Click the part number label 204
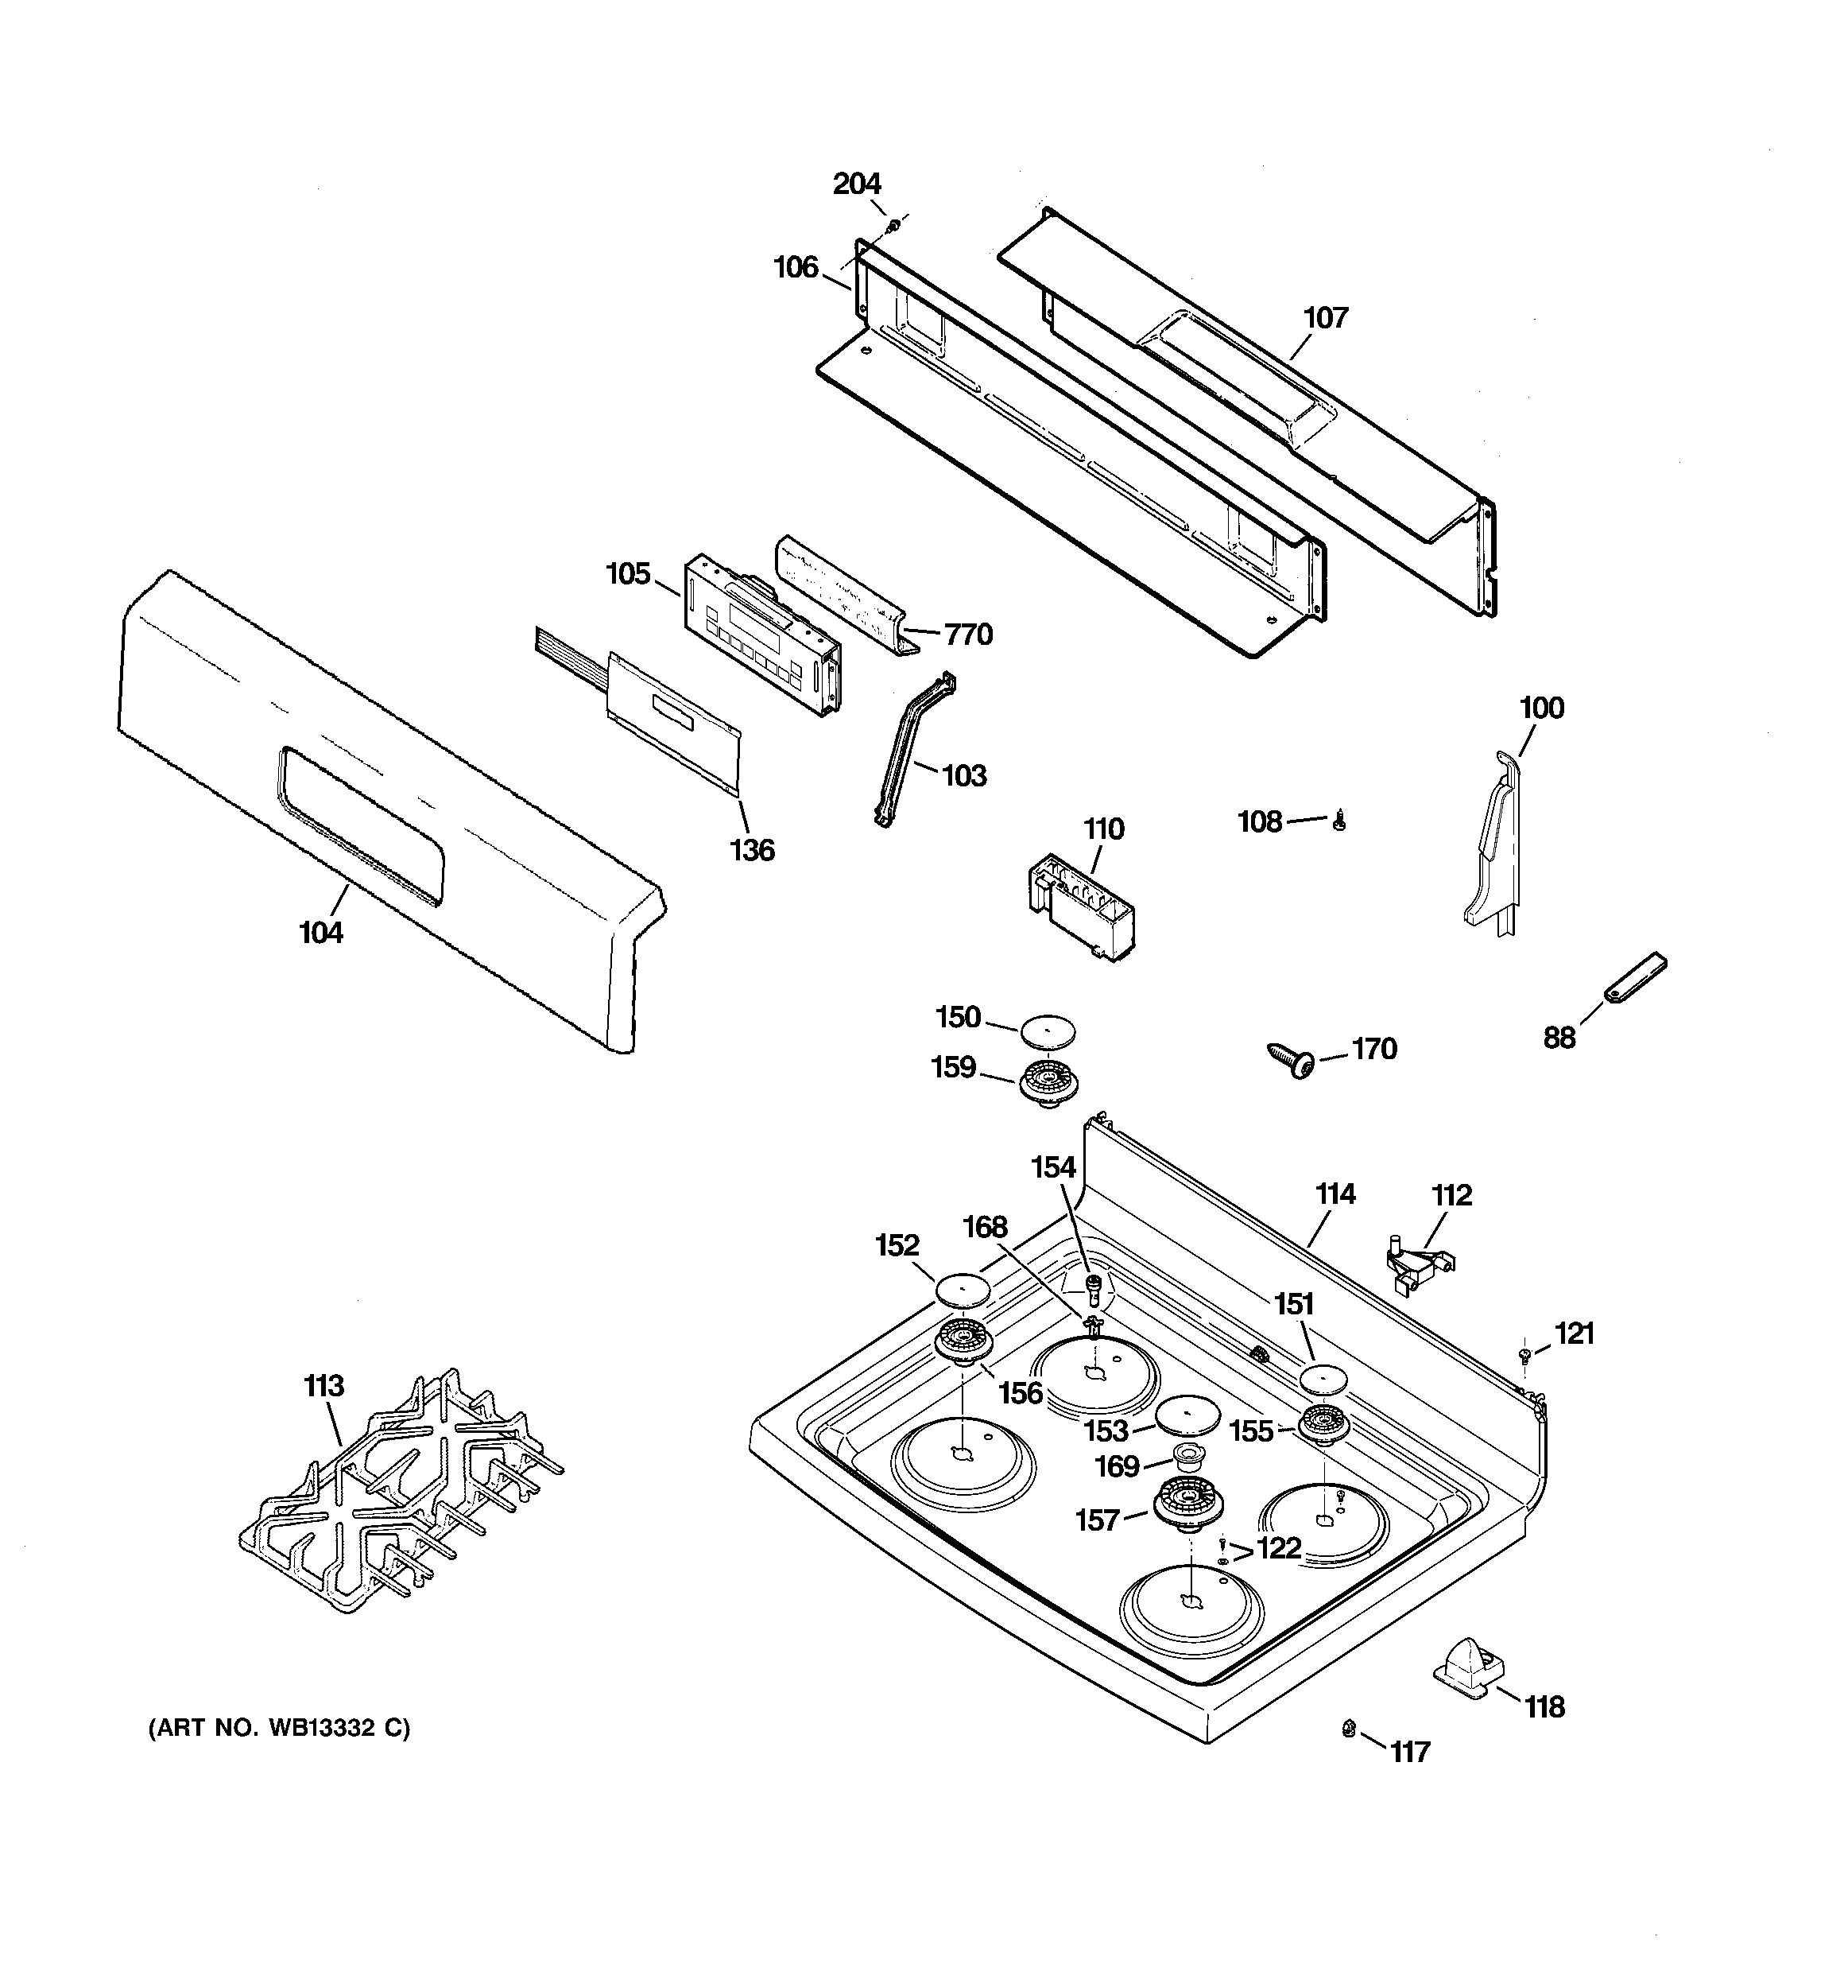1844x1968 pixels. pos(856,184)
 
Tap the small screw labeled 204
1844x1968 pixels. pos(894,226)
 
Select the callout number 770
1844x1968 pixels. pos(968,634)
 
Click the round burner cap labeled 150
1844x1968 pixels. pos(1048,1030)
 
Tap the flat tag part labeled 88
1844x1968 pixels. pos(1634,977)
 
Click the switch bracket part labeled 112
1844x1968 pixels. pos(1417,1264)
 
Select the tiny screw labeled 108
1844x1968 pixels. pos(1339,821)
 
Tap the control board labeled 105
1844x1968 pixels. pos(762,635)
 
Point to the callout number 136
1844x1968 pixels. pos(752,849)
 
